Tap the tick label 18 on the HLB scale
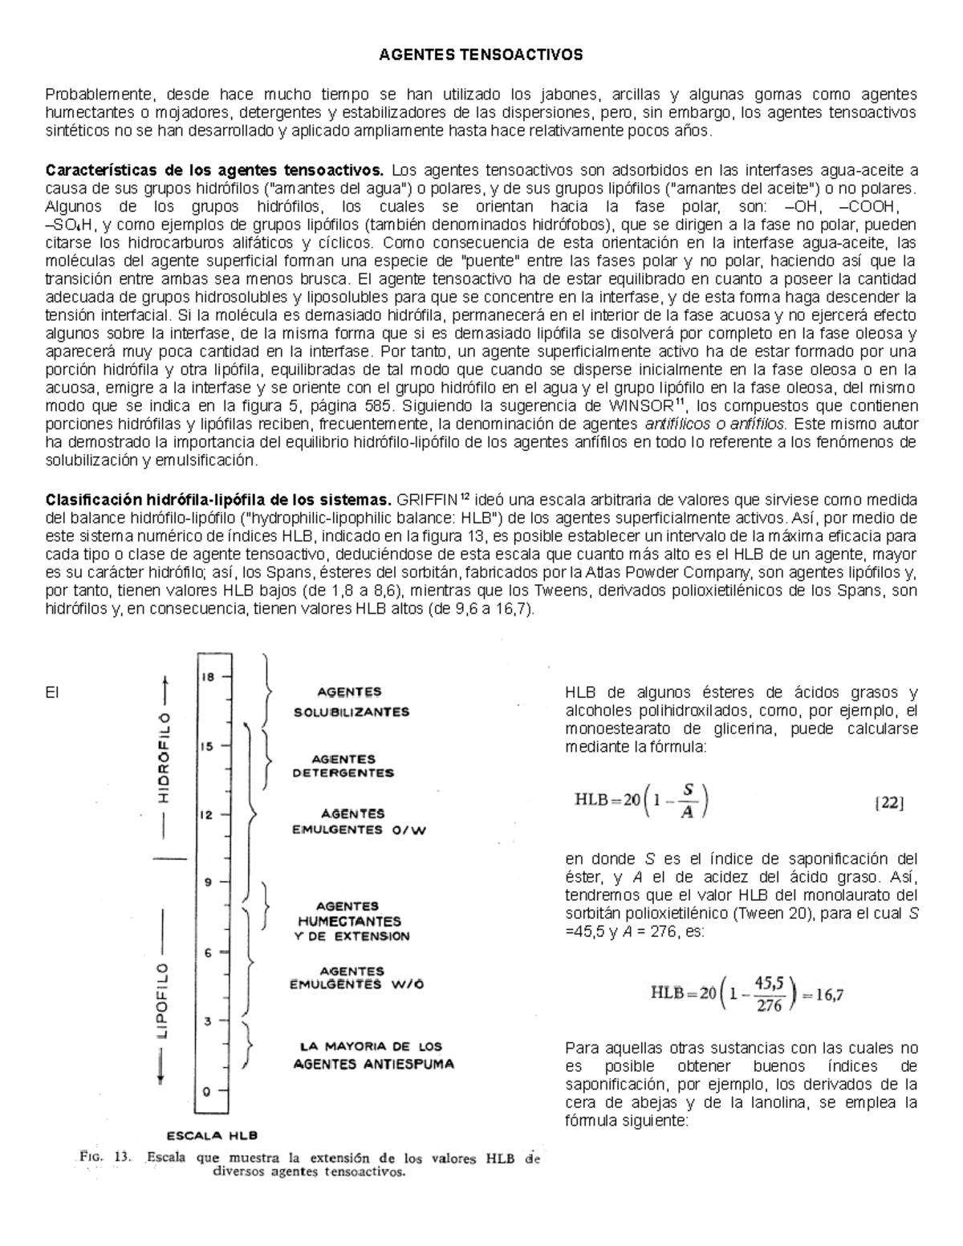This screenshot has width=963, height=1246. (208, 676)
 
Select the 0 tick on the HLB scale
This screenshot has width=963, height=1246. (208, 1091)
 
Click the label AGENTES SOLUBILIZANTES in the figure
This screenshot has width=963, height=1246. (351, 701)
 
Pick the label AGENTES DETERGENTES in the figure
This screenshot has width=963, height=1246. (343, 766)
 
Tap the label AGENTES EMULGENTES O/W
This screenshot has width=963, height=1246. (359, 822)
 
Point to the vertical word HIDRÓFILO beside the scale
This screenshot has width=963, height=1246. (164, 757)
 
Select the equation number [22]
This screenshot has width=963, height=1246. (888, 802)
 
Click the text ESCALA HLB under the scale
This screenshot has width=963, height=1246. (212, 1134)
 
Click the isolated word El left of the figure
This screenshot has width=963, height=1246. (53, 692)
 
